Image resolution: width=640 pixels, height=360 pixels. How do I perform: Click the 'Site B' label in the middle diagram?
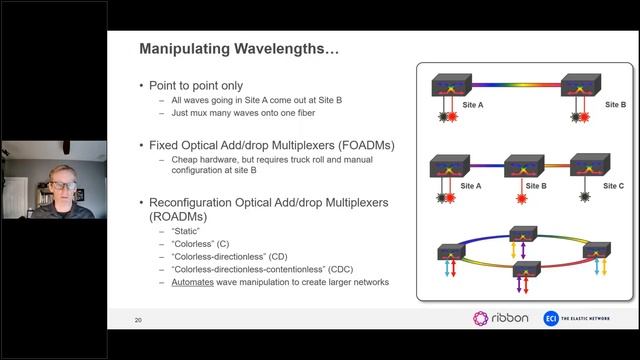pyautogui.click(x=536, y=186)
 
